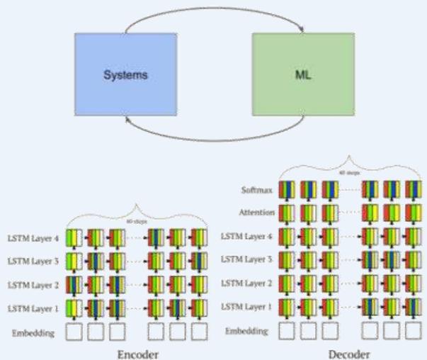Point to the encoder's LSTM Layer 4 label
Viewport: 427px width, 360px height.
pos(33,240)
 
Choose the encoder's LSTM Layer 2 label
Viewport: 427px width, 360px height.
pos(33,286)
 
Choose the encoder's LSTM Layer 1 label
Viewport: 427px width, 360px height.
pos(33,308)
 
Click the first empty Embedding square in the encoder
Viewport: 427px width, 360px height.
pos(76,331)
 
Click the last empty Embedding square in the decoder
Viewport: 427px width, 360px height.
pos(413,331)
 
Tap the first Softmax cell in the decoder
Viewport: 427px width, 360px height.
pos(287,190)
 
